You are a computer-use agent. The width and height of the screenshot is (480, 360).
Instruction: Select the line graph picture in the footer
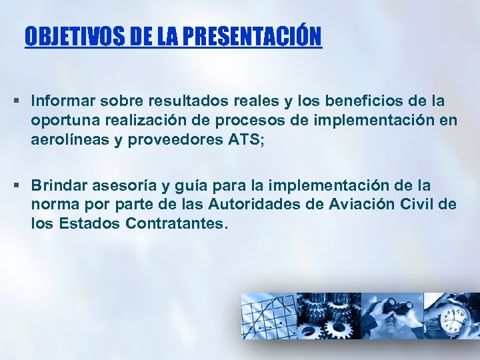(x=267, y=317)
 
